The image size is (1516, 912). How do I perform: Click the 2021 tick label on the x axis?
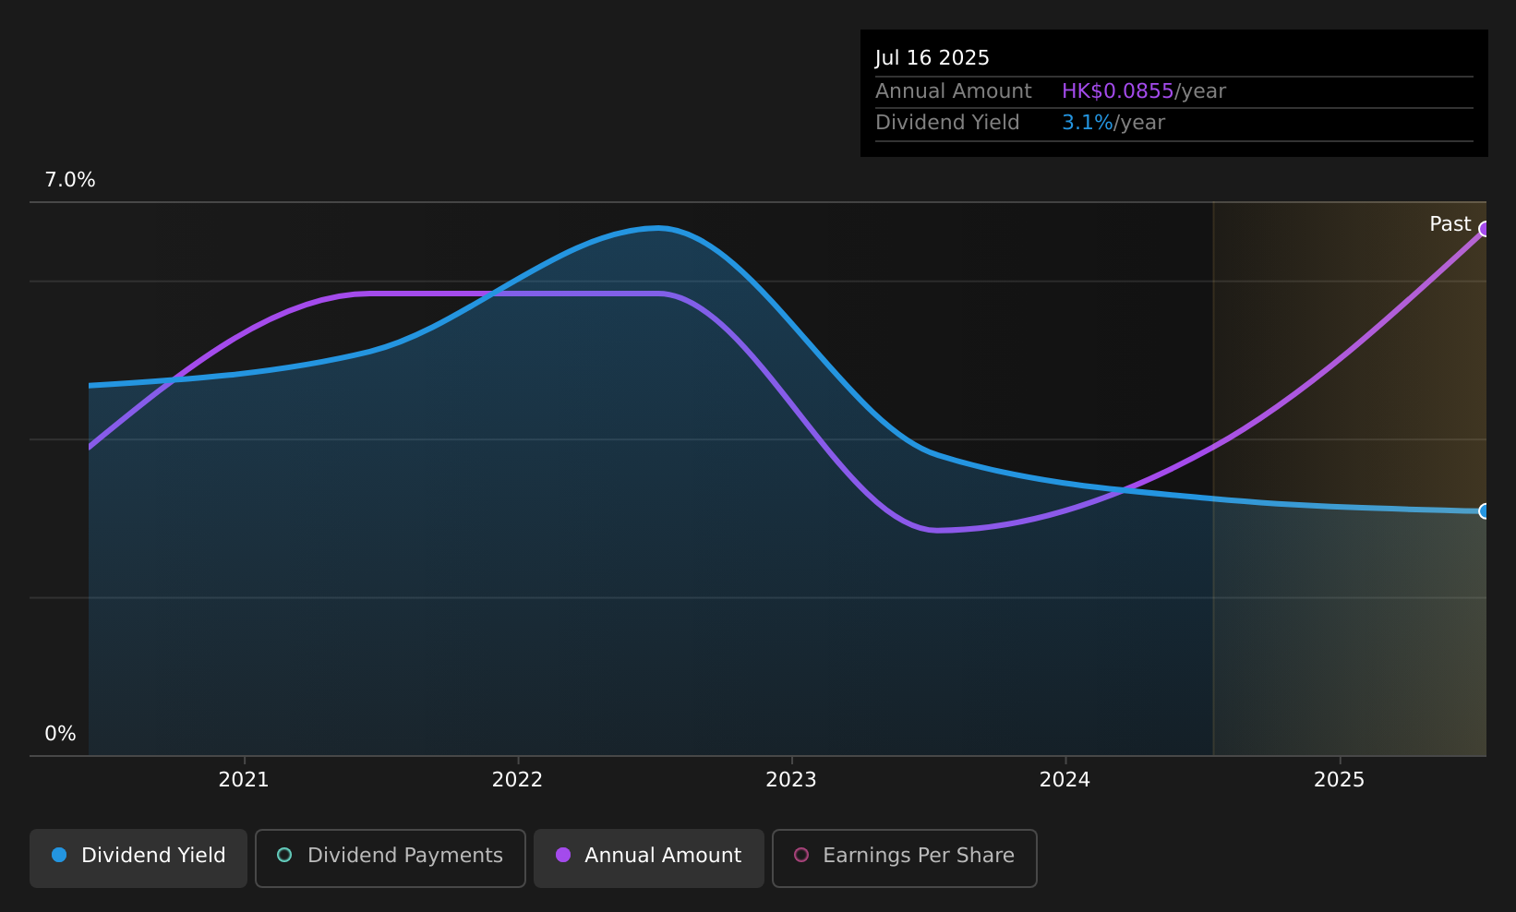244,780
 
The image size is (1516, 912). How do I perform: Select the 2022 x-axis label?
517,780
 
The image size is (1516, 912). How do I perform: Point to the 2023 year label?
791,780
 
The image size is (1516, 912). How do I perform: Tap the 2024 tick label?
1065,780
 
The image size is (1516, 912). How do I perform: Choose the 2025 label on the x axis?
1339,780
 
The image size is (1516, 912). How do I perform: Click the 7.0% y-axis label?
70,180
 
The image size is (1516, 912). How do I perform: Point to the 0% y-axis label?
60,734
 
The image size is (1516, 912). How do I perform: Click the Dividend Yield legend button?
138,858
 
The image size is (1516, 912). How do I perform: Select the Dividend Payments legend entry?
390,858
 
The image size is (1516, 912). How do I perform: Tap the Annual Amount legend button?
648,858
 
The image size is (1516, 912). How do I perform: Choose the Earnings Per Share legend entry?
904,858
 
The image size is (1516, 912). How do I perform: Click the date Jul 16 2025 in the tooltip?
932,58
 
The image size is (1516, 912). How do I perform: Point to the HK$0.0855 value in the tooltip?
1117,90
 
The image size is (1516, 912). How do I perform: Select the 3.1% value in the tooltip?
1087,123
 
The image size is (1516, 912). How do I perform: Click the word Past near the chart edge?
1450,224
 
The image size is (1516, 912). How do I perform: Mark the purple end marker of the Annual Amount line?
1485,229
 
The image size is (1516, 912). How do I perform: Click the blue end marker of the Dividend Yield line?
1485,511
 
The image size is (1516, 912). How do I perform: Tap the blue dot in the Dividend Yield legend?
59,855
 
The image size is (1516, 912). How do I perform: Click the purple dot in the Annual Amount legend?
562,855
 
